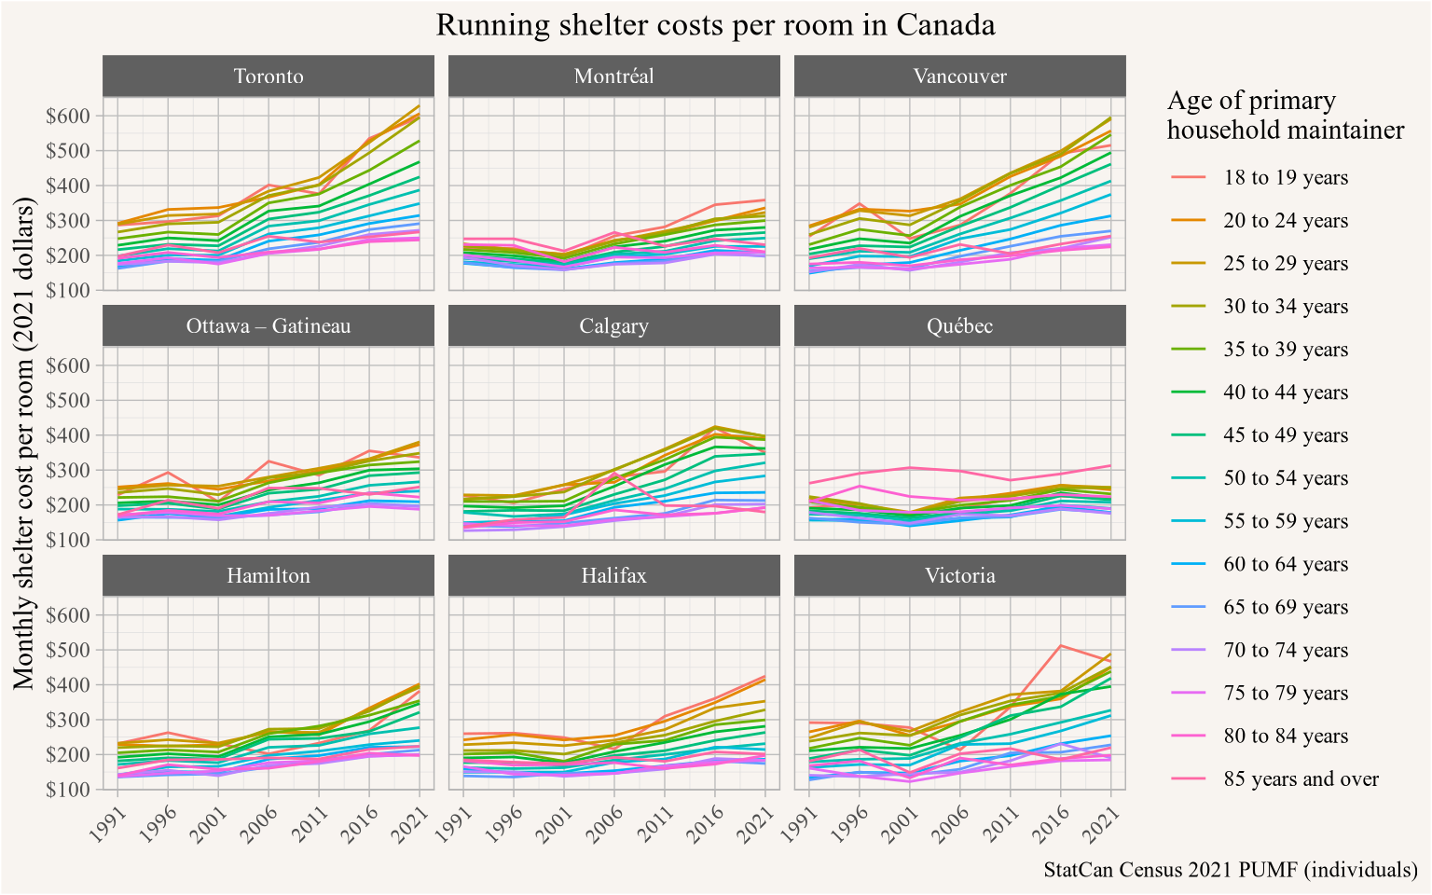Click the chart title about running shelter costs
[x=715, y=24]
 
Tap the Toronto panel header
[x=268, y=76]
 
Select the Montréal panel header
[x=614, y=76]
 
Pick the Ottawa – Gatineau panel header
[x=268, y=326]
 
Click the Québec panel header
[x=960, y=326]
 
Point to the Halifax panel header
[x=614, y=576]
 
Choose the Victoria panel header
[x=960, y=576]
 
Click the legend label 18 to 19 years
[x=1286, y=178]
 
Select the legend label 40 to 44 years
[x=1286, y=392]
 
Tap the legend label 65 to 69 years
[x=1286, y=607]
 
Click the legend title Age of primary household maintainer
[x=1285, y=116]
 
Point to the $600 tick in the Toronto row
[x=71, y=116]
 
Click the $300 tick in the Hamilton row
[x=71, y=720]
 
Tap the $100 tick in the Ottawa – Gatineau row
[x=71, y=540]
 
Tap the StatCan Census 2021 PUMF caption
[x=1231, y=871]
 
